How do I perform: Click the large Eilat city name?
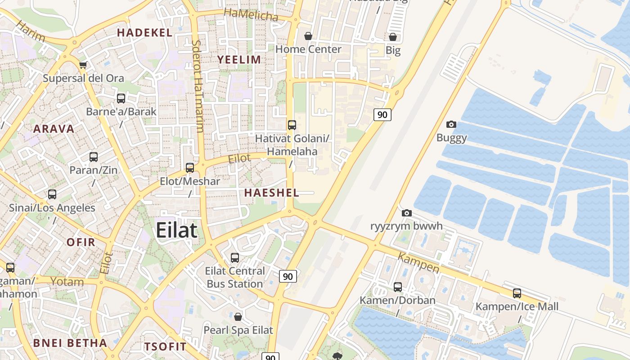[x=176, y=230]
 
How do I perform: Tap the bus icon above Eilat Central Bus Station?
[x=235, y=258]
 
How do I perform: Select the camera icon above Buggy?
[x=451, y=124]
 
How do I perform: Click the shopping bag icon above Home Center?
[x=308, y=36]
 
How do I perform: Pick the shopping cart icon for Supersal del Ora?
[x=83, y=65]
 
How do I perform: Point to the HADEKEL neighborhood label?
[x=144, y=32]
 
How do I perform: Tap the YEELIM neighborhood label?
[x=239, y=59]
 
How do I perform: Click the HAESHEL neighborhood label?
[x=271, y=193]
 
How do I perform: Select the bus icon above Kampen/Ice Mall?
[x=517, y=293]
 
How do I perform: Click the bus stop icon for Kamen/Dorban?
[x=397, y=287]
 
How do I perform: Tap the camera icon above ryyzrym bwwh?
[x=406, y=213]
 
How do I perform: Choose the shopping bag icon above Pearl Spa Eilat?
[x=238, y=317]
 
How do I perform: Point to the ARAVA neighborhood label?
[x=54, y=129]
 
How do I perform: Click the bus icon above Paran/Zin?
[x=94, y=157]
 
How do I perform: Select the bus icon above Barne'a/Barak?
[x=121, y=99]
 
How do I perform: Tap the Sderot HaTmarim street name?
[x=197, y=85]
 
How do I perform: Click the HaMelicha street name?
[x=251, y=15]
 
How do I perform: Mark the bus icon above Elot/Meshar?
[x=190, y=168]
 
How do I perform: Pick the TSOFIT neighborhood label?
[x=165, y=346]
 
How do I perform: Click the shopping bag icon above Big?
[x=393, y=37]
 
